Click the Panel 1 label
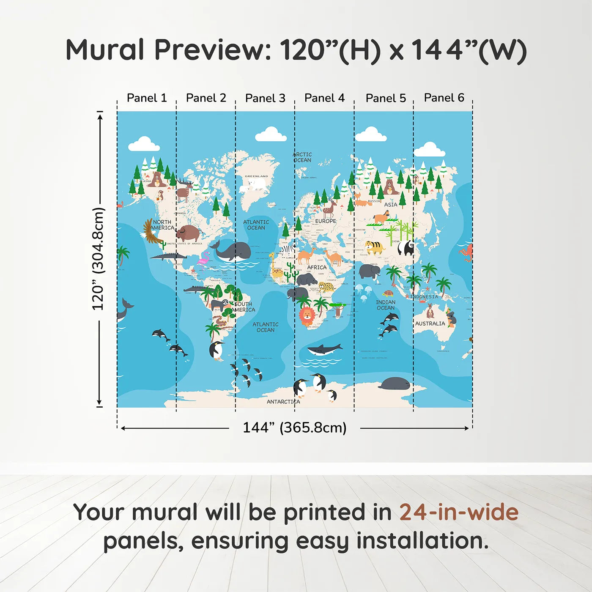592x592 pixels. pos(147,98)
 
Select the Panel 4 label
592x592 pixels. pos(324,98)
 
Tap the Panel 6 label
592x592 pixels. pos(444,98)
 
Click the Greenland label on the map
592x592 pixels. pos(256,176)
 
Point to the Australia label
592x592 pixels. pos(430,323)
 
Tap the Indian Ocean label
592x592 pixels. pos(386,305)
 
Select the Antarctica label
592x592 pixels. pos(283,402)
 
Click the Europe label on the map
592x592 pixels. pos(326,221)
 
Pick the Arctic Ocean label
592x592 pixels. pos(303,157)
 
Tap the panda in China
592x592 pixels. pos(406,247)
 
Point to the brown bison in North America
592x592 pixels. pos(188,233)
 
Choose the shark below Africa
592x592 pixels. pos(324,349)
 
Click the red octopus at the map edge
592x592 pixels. pos(466,252)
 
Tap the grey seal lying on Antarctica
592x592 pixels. pos(395,384)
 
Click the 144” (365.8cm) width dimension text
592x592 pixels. pos(295,428)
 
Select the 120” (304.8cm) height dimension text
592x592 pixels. pos(98,259)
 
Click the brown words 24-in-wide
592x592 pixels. pos(459,513)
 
